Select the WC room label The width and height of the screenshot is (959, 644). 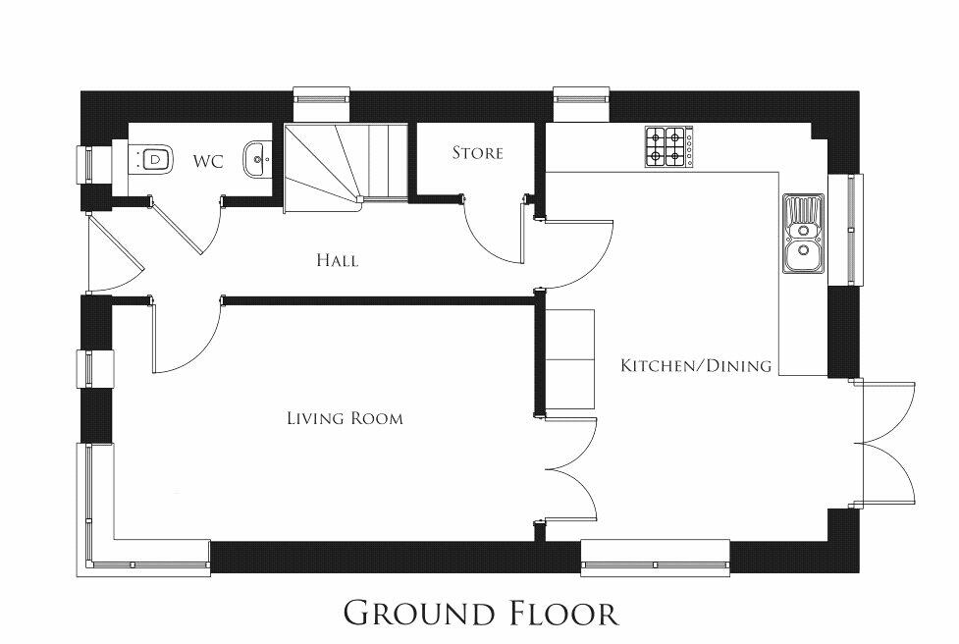click(x=208, y=161)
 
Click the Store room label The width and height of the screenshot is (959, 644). click(x=478, y=152)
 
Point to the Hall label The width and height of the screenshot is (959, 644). click(x=338, y=260)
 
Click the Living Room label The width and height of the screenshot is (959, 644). click(x=345, y=418)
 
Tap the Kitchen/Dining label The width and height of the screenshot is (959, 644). click(x=696, y=366)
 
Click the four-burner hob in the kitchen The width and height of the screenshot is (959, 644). click(x=669, y=147)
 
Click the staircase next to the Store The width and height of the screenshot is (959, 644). click(x=346, y=167)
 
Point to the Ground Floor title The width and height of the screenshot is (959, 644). click(x=481, y=613)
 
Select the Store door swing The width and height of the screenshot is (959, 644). click(x=497, y=230)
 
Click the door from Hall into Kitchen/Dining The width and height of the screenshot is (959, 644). click(x=577, y=254)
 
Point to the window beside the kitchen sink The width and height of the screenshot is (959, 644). click(x=846, y=230)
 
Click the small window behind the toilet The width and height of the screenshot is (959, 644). click(x=86, y=165)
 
